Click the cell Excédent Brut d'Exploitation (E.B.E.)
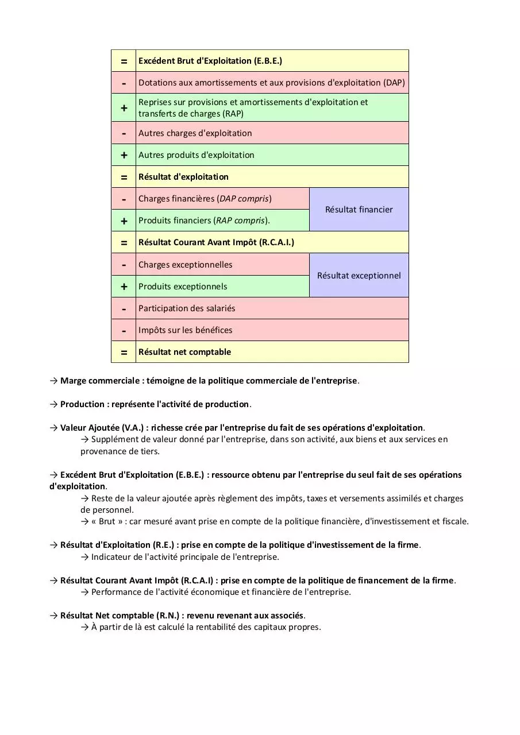(210, 61)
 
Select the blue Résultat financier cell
(359, 210)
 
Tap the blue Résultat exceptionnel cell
(359, 276)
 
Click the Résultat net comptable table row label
(184, 352)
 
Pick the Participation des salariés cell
(187, 308)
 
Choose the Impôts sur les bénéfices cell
(185, 330)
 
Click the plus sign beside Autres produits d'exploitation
(124, 155)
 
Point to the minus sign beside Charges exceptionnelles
(124, 265)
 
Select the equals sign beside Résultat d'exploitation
(124, 177)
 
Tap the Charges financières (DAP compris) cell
(205, 199)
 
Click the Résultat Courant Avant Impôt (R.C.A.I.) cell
(216, 242)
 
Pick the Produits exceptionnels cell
(183, 287)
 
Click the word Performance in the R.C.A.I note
(117, 592)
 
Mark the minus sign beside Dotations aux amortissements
(124, 83)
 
